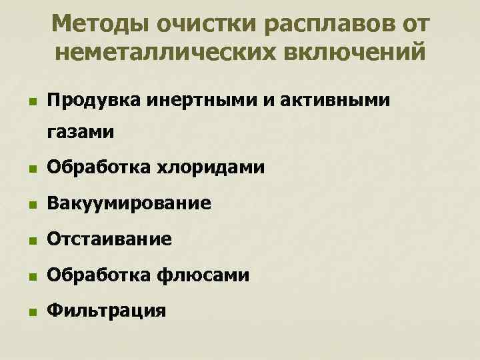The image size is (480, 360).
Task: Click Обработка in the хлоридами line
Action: pyautogui.click(x=99, y=167)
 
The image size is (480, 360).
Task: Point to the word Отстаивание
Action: pyautogui.click(x=109, y=239)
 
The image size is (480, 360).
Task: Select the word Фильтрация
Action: pyautogui.click(x=106, y=311)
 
